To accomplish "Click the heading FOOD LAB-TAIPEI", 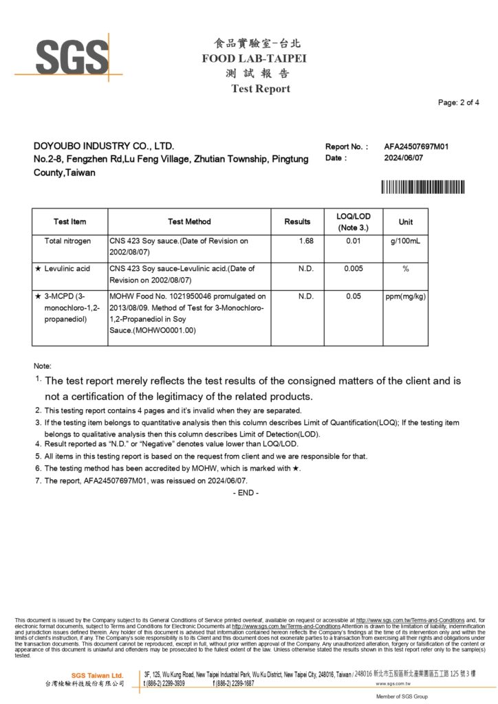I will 254,58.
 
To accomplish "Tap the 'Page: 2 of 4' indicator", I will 459,102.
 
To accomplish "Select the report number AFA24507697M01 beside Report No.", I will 417,146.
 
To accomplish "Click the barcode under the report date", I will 422,186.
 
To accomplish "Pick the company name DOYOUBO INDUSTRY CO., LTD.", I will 104,146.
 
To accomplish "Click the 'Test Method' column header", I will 189,221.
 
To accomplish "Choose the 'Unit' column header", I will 406,221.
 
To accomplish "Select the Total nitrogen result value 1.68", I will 306,241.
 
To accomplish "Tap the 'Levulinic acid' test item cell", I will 67,268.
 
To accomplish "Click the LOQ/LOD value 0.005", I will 354,268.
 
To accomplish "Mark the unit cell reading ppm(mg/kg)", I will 406,296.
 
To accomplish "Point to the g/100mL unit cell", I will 406,241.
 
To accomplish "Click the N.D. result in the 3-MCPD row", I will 306,296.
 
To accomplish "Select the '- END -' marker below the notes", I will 246,493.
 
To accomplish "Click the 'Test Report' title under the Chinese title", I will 260,89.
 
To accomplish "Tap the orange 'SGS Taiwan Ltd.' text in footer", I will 97,675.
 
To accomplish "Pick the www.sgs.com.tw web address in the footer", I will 393,684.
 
